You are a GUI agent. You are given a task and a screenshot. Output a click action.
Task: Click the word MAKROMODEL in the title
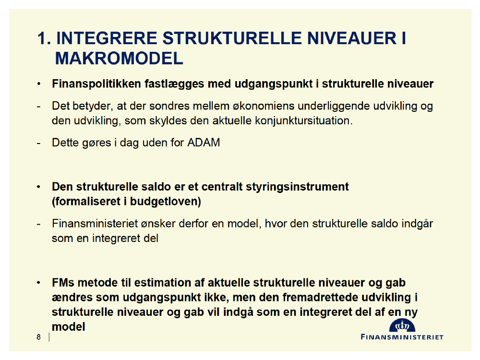[x=119, y=58]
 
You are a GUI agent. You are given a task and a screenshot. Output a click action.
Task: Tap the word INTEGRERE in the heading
[x=107, y=38]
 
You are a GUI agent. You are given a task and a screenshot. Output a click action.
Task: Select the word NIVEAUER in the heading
[x=352, y=38]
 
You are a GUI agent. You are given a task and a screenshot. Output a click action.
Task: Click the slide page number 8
[x=38, y=337]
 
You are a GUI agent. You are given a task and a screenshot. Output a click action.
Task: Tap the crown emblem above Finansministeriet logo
[x=402, y=326]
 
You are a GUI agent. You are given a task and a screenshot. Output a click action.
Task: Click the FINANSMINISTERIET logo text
[x=402, y=337]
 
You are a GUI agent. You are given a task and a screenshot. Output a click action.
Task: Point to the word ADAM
[x=204, y=143]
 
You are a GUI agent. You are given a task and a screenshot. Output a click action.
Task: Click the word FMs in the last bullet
[x=63, y=283]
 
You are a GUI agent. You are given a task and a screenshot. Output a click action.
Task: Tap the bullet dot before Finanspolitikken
[x=38, y=84]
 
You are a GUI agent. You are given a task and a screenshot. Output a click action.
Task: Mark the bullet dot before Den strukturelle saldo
[x=38, y=187]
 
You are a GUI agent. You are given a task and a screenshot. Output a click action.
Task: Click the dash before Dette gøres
[x=38, y=143]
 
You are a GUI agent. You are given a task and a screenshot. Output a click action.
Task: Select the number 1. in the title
[x=44, y=38]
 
